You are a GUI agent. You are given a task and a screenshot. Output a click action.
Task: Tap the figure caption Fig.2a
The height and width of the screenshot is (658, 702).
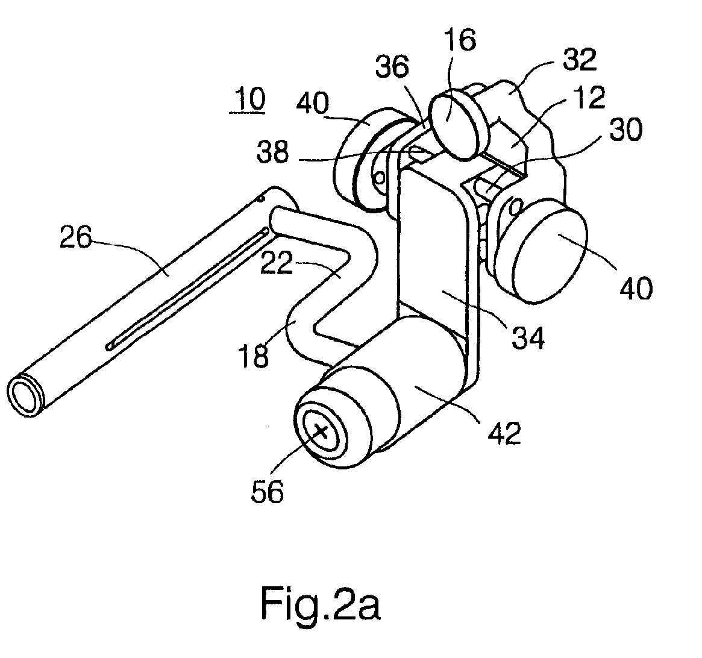[x=321, y=604]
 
